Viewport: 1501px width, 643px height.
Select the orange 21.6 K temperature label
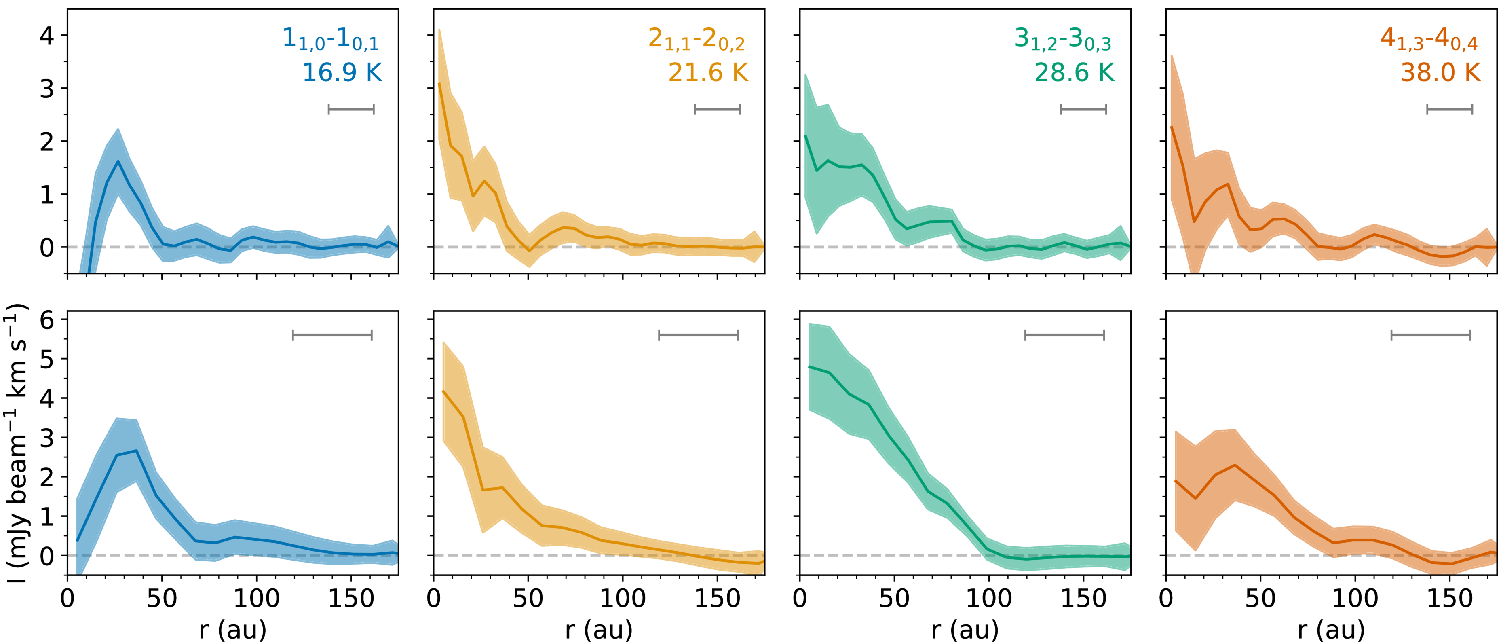coord(707,73)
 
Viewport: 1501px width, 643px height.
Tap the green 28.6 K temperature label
coord(1073,73)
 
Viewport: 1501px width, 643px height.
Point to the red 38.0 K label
coord(1440,73)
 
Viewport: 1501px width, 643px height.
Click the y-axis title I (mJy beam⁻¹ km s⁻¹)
coord(16,443)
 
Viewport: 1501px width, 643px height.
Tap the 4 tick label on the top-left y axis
coord(46,36)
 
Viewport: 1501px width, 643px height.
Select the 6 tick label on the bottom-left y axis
coord(46,319)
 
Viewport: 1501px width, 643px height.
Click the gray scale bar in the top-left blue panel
coord(351,109)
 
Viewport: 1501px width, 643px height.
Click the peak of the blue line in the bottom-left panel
coord(136,451)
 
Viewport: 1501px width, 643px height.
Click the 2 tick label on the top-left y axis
coord(46,142)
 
